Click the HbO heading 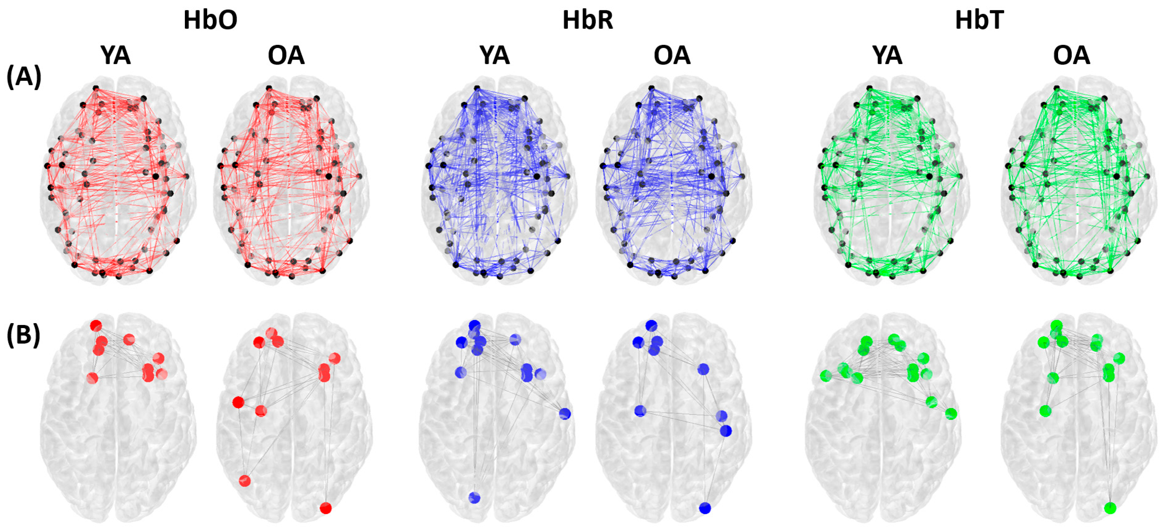coord(210,20)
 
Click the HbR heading coord(588,20)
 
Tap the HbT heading coord(979,20)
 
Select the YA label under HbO coord(116,55)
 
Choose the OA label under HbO coord(286,55)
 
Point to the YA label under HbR coord(495,55)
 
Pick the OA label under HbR coord(672,55)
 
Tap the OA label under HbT coord(1071,55)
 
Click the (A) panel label coord(24,77)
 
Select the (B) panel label coord(24,335)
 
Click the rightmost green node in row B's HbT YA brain coord(951,414)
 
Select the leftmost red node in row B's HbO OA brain coord(238,402)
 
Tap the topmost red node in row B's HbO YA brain coord(96,325)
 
